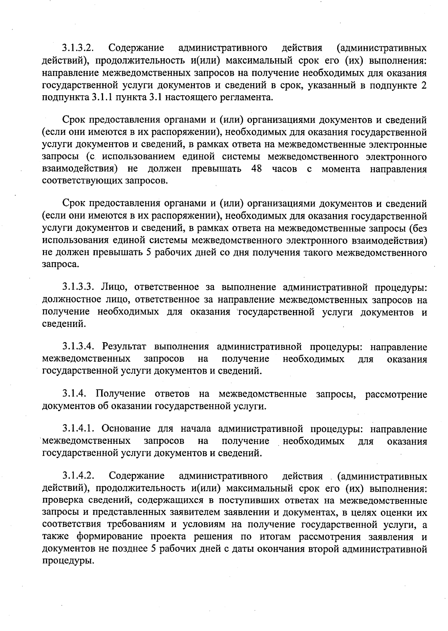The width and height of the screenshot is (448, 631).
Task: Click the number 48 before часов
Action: pyautogui.click(x=257, y=169)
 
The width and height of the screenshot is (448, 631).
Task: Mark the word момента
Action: pyautogui.click(x=341, y=169)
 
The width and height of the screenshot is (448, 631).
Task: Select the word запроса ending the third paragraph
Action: pyautogui.click(x=60, y=265)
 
